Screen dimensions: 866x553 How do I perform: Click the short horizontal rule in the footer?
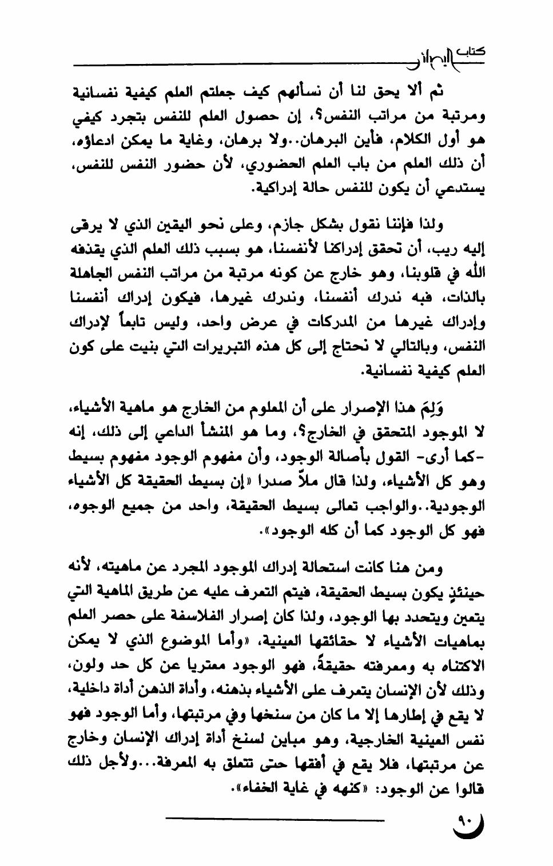275,821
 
